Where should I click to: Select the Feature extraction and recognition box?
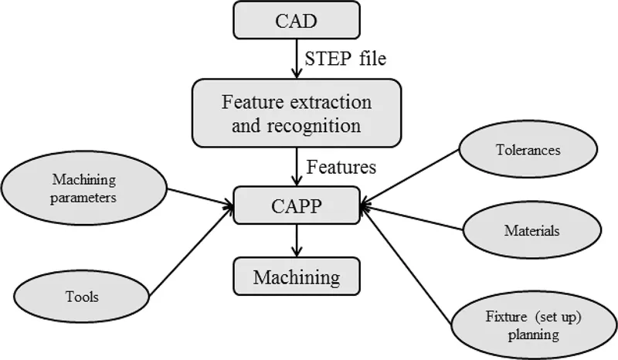click(297, 113)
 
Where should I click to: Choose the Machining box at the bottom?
click(297, 276)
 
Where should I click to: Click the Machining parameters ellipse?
click(84, 188)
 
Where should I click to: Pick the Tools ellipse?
click(83, 296)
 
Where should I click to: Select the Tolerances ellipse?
click(527, 150)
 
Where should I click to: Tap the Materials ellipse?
click(531, 230)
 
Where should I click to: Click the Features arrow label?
click(341, 166)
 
